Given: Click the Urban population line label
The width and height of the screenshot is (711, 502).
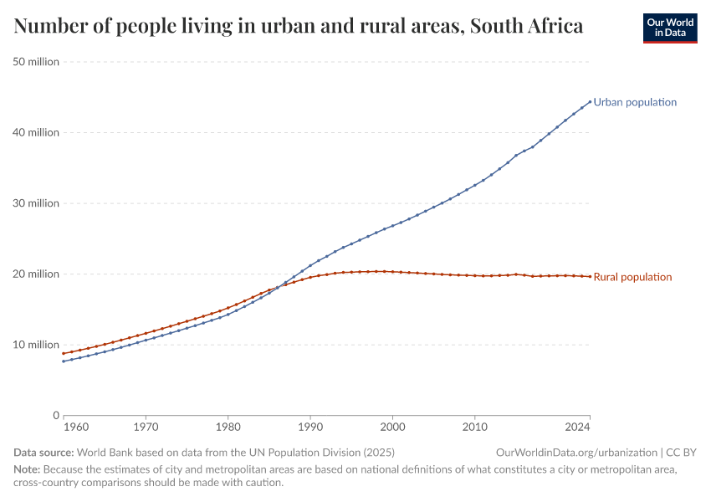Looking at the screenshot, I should (635, 102).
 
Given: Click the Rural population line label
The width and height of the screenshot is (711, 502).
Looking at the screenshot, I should (632, 277).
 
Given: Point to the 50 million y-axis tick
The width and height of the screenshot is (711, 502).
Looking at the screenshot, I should (36, 61).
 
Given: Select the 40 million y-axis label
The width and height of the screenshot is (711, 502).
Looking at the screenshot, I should (36, 132).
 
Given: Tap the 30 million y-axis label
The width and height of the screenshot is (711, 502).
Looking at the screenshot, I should (36, 203).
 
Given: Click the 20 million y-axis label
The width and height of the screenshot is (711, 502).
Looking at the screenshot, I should (36, 274).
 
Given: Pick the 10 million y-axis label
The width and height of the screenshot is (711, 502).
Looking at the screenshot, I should (36, 345).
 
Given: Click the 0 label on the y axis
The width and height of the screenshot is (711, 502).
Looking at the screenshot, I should (55, 415).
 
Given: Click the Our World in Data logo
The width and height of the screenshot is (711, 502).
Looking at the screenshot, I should (669, 28).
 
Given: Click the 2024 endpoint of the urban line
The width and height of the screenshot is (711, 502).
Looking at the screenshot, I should (590, 101).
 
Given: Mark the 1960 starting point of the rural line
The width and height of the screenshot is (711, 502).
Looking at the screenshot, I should (64, 353).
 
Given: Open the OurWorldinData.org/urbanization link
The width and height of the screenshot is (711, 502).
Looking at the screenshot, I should (575, 453).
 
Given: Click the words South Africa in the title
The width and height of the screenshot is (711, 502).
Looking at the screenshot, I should (526, 27).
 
